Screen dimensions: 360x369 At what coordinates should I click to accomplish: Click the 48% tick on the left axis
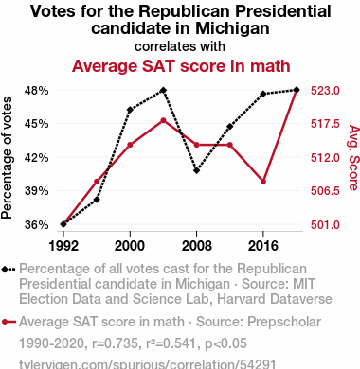tap(37, 91)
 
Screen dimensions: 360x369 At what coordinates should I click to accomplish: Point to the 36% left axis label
tap(37, 225)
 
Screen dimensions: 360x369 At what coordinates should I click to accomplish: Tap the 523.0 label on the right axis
tap(325, 91)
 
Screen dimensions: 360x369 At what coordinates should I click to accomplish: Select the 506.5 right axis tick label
tap(325, 191)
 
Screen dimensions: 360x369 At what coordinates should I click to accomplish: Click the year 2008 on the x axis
tap(197, 246)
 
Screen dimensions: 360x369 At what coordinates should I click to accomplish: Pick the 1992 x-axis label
tap(63, 246)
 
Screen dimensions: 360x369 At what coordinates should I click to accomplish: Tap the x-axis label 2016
tap(263, 246)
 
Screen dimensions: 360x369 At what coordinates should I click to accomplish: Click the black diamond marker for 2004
tap(163, 91)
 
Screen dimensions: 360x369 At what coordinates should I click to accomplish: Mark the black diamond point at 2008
tap(197, 170)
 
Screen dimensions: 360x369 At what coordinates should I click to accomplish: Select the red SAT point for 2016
tap(263, 182)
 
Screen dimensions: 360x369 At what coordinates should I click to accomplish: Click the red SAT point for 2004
tap(163, 120)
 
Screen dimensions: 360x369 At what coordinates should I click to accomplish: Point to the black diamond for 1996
tap(97, 200)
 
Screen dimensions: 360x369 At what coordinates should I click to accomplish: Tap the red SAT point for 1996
tap(97, 182)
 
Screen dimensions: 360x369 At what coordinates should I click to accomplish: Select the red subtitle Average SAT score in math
tap(181, 66)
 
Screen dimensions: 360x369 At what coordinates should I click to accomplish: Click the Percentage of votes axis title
tap(7, 158)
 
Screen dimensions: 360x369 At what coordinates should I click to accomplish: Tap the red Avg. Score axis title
tap(353, 158)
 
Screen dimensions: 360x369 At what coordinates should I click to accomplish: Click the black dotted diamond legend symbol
tap(9, 270)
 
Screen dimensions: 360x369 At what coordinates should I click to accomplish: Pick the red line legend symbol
tap(9, 322)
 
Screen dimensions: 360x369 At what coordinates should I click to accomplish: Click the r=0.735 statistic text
tap(115, 343)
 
